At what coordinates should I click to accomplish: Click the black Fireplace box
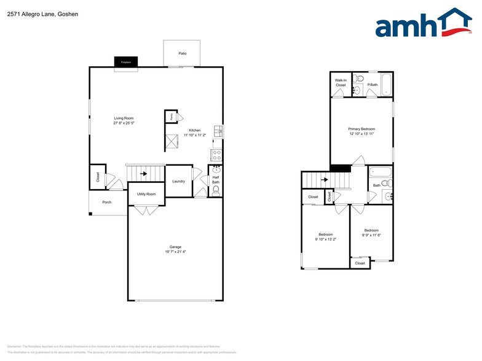[126, 62]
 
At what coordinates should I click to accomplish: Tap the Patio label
[182, 54]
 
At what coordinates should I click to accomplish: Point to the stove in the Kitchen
[216, 155]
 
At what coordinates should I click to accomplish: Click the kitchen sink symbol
[218, 131]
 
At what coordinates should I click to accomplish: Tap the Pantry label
[170, 116]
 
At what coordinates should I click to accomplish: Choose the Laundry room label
[179, 181]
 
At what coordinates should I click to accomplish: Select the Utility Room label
[146, 194]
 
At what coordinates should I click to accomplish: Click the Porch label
[107, 201]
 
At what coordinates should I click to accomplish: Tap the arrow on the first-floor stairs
[144, 174]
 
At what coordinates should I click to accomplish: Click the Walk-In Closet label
[340, 83]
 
